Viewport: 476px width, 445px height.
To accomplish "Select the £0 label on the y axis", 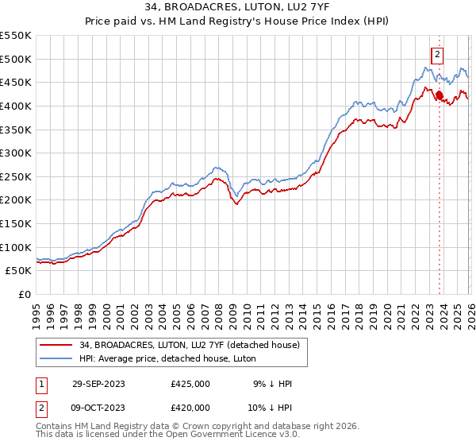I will pyautogui.click(x=25, y=294).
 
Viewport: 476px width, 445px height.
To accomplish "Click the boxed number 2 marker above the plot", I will pyautogui.click(x=437, y=55).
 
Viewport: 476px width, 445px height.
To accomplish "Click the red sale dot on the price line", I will pyautogui.click(x=440, y=95).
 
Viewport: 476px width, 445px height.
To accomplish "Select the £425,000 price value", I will pyautogui.click(x=190, y=384).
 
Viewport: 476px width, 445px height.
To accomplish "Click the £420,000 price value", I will pyautogui.click(x=190, y=408).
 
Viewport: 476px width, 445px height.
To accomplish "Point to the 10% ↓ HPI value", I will pyautogui.click(x=268, y=408).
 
